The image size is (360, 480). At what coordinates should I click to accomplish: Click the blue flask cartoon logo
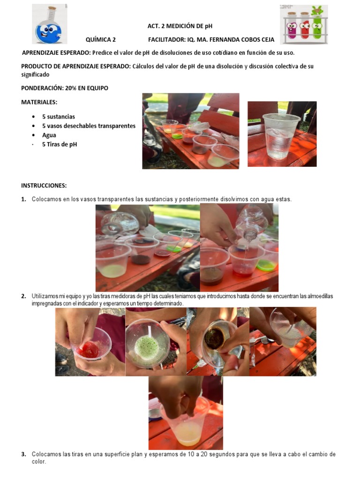(49, 24)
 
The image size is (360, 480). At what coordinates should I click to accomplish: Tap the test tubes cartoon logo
(304, 23)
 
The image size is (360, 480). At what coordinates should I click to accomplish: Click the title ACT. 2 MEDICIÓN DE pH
(180, 26)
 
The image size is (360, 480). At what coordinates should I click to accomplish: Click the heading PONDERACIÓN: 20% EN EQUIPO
(65, 88)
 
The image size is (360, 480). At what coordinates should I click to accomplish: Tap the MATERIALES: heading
(39, 102)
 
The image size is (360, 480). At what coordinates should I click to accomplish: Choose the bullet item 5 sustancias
(59, 116)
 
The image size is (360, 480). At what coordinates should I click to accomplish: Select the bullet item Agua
(49, 135)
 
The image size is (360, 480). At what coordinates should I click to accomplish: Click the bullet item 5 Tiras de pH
(60, 144)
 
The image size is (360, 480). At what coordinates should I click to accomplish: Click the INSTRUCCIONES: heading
(44, 186)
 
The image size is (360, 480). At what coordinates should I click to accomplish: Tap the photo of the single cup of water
(282, 134)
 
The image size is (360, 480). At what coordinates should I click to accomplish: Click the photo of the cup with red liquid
(90, 341)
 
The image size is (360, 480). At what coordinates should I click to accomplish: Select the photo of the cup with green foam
(156, 341)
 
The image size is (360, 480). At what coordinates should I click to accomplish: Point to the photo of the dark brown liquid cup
(217, 341)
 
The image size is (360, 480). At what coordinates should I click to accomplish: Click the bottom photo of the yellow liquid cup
(186, 412)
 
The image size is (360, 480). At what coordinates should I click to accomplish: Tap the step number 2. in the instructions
(23, 296)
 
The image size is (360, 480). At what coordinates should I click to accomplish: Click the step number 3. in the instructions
(23, 454)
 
